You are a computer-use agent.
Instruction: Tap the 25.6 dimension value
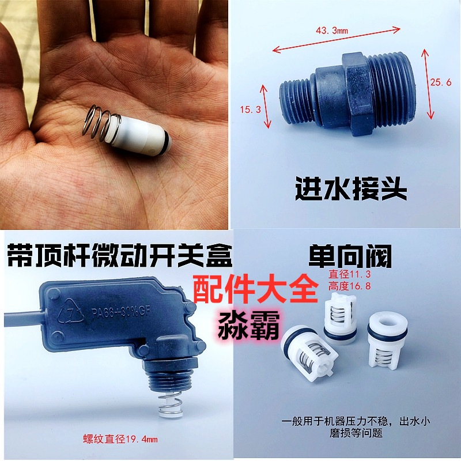[440, 83]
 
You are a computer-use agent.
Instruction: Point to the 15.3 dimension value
[247, 108]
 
